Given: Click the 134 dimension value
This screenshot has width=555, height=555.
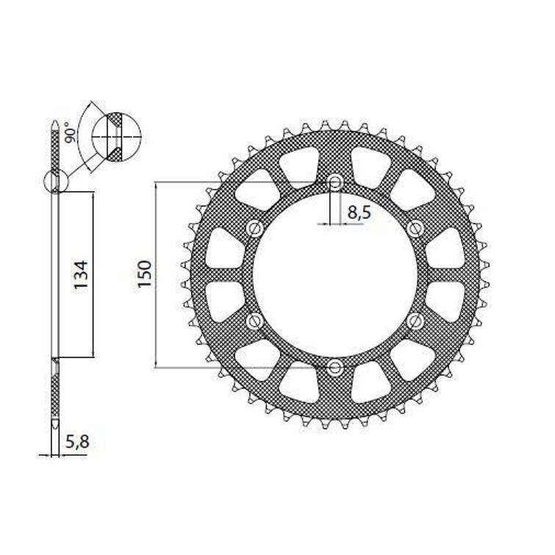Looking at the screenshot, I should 80,274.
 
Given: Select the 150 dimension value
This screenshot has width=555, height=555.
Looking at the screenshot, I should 145,273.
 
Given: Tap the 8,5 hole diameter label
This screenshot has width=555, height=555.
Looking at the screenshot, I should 358,214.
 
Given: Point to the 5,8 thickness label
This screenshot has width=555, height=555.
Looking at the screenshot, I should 78,443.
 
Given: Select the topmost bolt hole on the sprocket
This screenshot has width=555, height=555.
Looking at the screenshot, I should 335,182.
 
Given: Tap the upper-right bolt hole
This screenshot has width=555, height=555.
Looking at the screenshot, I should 415,227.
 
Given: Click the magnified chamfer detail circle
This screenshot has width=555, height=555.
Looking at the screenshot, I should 113,136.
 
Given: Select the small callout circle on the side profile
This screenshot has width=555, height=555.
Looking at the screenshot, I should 55,181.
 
